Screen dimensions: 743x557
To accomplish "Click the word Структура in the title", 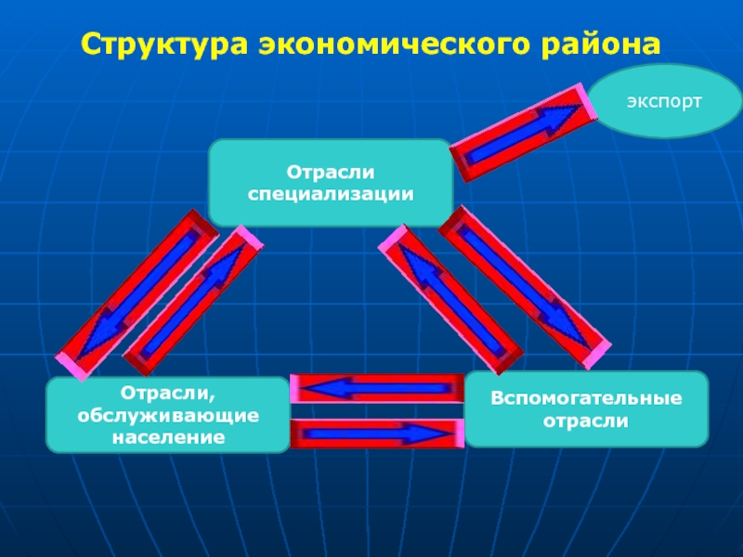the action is [165, 45].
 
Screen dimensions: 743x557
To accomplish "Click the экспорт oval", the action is [664, 101].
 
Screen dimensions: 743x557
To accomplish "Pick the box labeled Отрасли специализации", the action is [331, 182].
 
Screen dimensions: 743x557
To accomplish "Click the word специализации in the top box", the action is [331, 195].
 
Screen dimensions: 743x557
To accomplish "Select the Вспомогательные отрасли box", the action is [587, 409].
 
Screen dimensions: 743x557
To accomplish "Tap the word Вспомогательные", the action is [587, 398].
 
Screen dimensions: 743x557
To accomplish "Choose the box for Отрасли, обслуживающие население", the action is [168, 415].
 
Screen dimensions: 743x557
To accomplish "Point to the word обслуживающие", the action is [168, 416].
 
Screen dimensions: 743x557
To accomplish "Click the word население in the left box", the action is [168, 436].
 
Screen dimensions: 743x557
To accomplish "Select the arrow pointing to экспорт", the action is [523, 133].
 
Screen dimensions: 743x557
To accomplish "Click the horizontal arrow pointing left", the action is [377, 389].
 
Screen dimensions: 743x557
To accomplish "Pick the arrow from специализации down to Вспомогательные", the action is [525, 288].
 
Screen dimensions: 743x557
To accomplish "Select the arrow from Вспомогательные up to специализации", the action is [450, 299].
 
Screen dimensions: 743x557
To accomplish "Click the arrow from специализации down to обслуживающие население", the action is [137, 295].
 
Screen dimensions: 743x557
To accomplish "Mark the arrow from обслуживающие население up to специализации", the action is [193, 300].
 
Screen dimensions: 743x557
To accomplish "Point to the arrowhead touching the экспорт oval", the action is [559, 118].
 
